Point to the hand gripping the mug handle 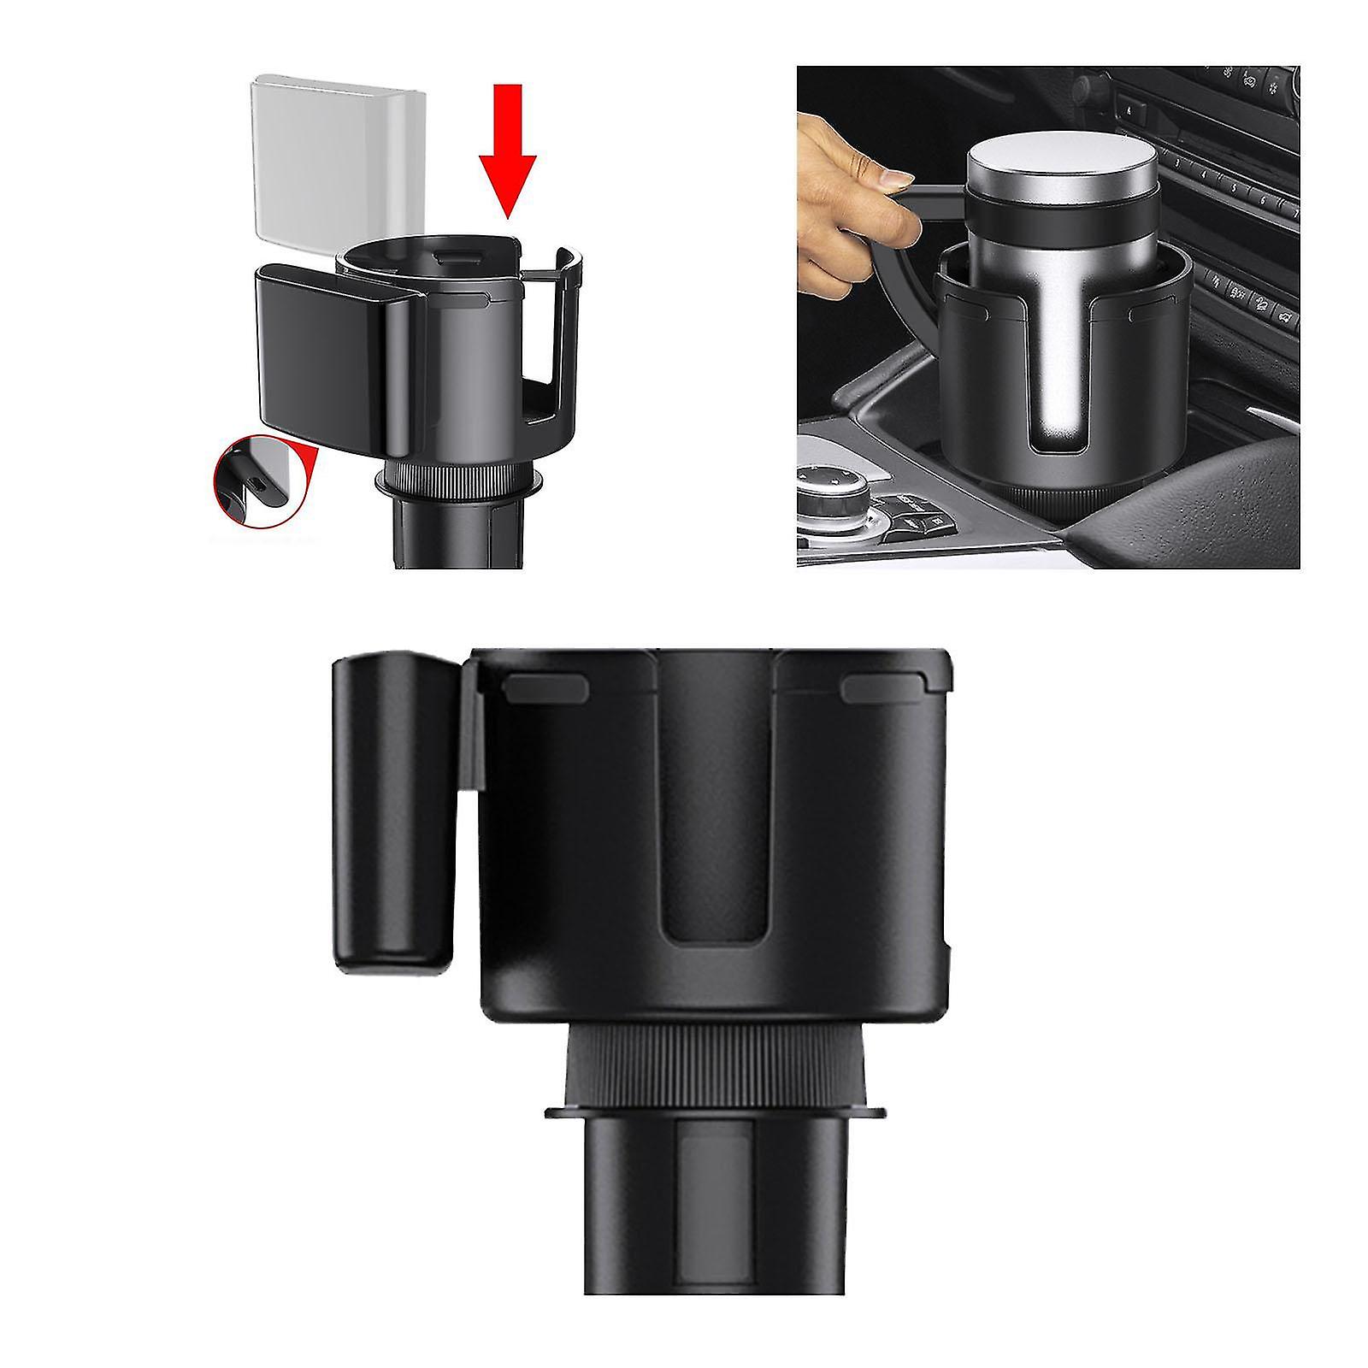tap(846, 171)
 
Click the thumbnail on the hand tap(895, 180)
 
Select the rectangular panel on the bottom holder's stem tap(714, 1214)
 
